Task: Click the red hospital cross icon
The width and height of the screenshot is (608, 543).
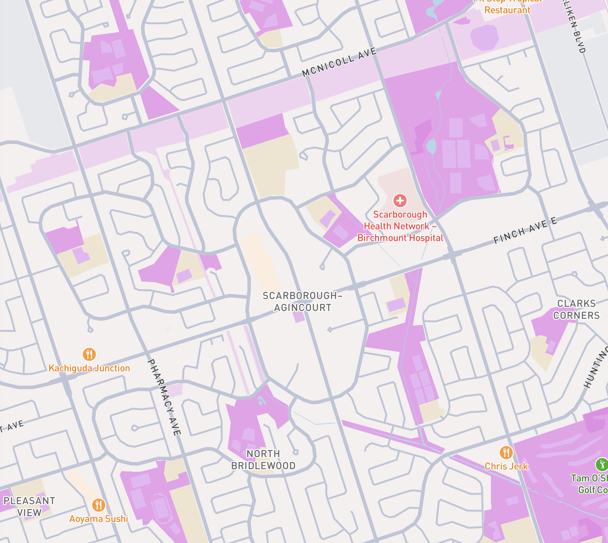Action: (x=400, y=201)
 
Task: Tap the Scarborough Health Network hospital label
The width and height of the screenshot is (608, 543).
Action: (x=400, y=226)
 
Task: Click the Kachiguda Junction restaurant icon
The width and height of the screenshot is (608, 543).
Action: (x=89, y=354)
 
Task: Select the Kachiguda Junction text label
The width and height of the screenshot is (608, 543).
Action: (x=89, y=368)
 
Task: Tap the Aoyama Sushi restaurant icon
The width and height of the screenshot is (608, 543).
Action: (x=98, y=505)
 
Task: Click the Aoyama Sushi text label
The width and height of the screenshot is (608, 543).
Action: (x=99, y=519)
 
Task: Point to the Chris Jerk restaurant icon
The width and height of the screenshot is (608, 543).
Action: (x=506, y=453)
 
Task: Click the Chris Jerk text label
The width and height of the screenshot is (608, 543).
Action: (x=506, y=466)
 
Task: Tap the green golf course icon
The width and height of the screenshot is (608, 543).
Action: (x=602, y=465)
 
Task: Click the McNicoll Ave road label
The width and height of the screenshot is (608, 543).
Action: (x=339, y=62)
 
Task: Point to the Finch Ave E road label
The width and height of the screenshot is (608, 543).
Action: (x=525, y=231)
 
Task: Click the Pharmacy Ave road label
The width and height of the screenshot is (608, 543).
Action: (x=164, y=397)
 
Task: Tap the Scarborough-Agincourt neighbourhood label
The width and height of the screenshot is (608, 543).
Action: (x=302, y=301)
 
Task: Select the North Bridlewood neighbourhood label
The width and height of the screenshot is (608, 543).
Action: (x=263, y=460)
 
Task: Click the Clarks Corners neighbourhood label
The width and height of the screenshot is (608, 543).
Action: (x=576, y=309)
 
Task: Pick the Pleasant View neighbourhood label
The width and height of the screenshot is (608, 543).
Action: (x=29, y=507)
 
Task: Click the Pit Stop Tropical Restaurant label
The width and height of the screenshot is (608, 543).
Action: (x=507, y=7)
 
